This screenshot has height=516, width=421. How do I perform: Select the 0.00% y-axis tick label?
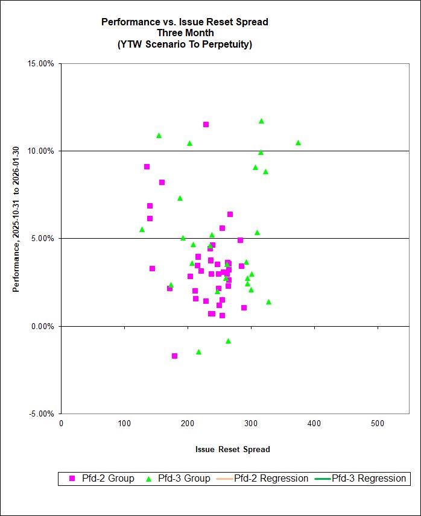point(42,326)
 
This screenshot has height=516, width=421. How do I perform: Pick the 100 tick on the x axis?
point(124,423)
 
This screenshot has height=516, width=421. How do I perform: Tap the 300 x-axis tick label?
point(251,423)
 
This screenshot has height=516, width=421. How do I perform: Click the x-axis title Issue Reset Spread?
point(232,449)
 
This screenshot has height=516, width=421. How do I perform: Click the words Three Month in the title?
point(185,33)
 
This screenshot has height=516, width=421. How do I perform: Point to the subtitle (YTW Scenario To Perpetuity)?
point(185,44)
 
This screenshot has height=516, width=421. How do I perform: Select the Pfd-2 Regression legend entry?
point(265,479)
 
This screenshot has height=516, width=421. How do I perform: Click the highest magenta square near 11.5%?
point(206,125)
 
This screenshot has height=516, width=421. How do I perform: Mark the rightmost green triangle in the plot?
point(298,143)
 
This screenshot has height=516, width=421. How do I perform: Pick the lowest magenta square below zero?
point(174,356)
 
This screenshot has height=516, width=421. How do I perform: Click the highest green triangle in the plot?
point(261,121)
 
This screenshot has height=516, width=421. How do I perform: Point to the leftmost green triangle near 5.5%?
point(142,230)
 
